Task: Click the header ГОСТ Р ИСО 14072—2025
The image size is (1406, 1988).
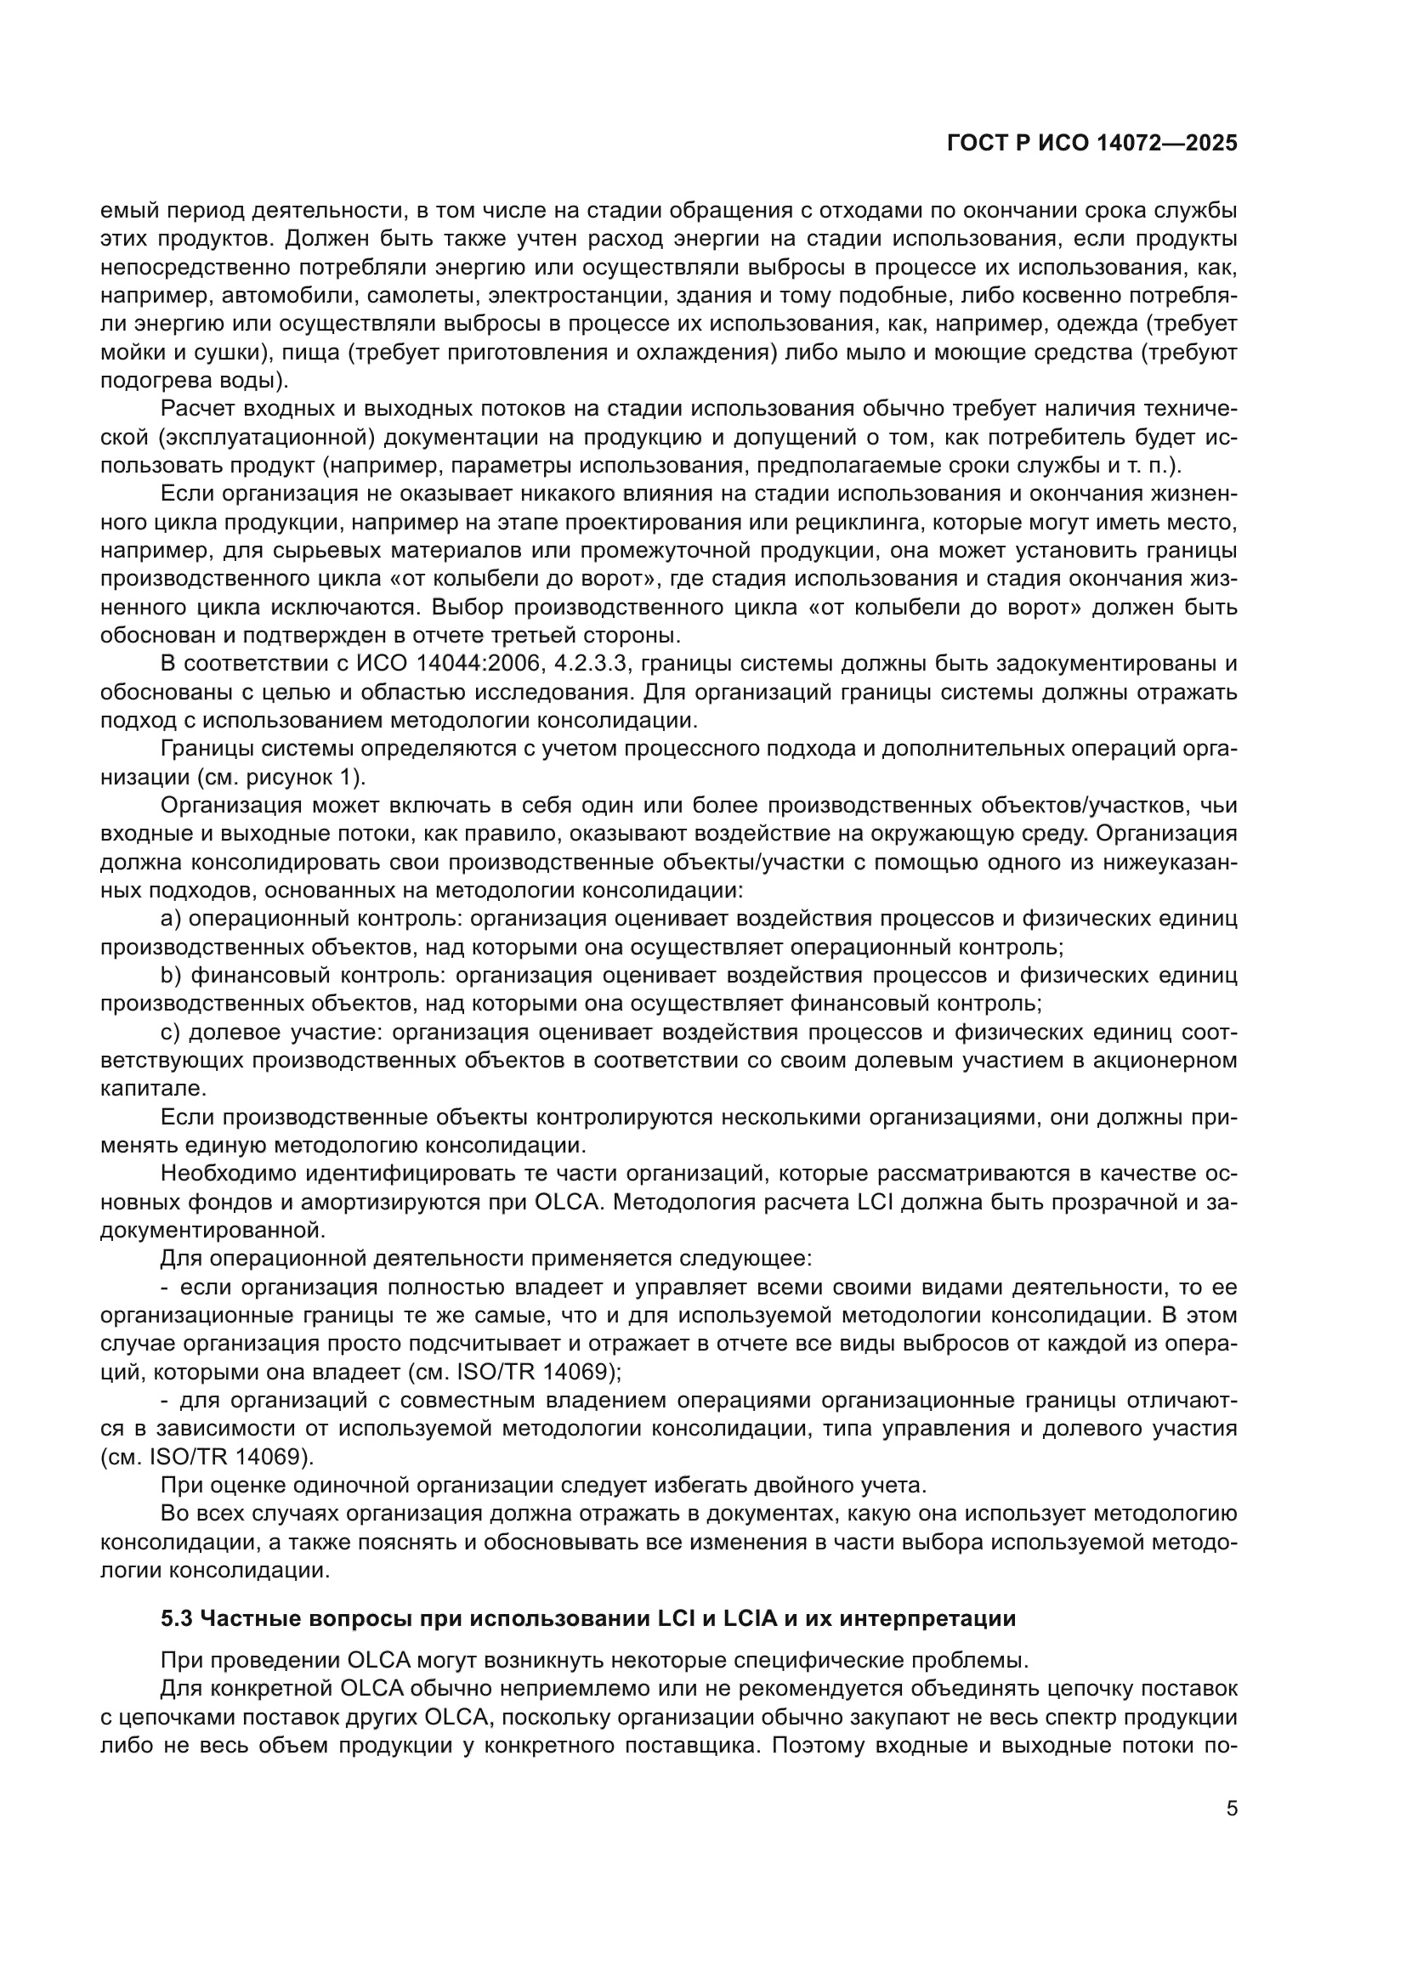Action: [x=1091, y=144]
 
